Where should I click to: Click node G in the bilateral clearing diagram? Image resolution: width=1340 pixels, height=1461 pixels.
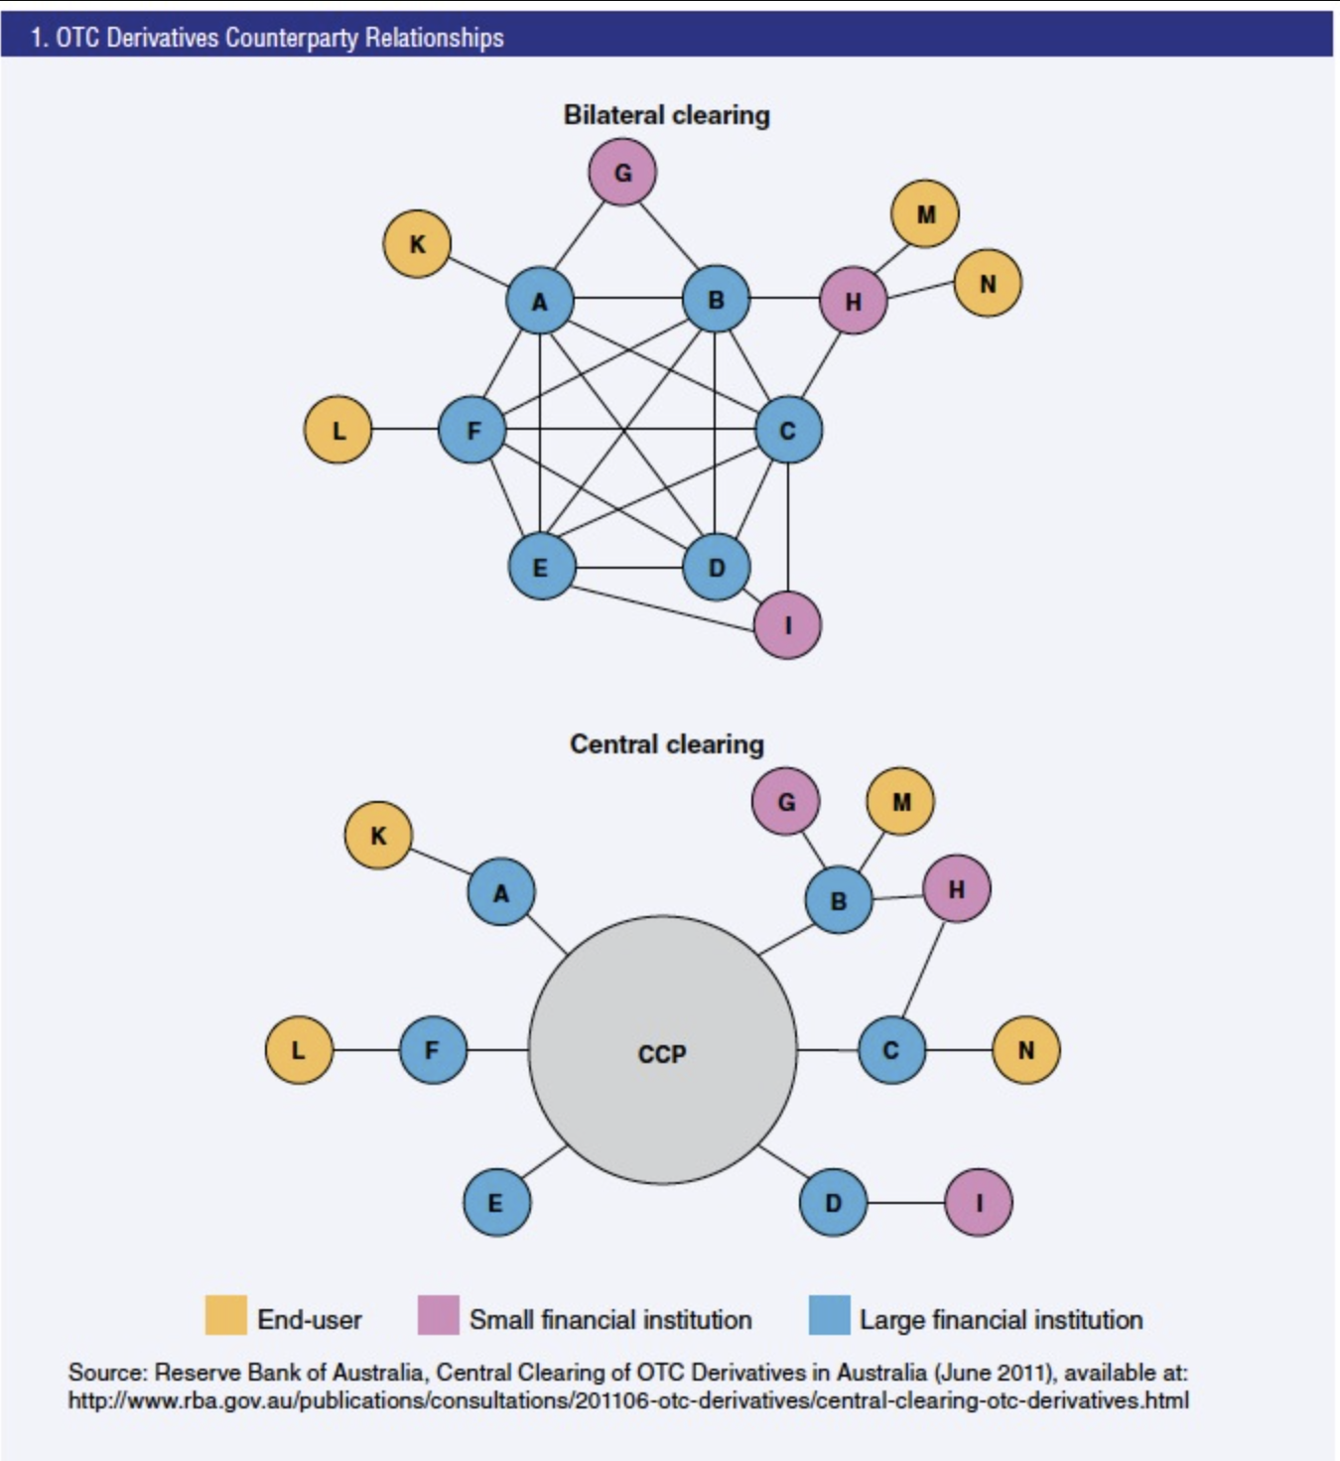(x=622, y=173)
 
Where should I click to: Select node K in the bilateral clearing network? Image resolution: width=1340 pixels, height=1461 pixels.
(x=417, y=244)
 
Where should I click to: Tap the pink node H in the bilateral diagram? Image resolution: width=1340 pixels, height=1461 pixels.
(x=853, y=301)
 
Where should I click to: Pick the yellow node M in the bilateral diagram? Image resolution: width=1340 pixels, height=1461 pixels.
(x=925, y=214)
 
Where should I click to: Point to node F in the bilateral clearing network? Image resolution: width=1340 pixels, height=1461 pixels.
(x=472, y=430)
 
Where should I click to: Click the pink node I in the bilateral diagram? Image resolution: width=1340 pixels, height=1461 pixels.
(x=787, y=625)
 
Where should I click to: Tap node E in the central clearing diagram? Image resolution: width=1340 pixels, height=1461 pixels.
(x=496, y=1202)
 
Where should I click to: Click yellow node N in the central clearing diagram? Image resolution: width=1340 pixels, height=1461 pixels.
(x=1025, y=1050)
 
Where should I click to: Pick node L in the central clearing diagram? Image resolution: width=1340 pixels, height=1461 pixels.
(x=299, y=1050)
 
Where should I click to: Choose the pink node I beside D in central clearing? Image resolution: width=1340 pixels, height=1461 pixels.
(x=978, y=1203)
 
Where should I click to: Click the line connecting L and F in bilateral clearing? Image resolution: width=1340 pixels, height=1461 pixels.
(x=405, y=429)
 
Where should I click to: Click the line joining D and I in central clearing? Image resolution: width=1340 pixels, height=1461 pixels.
(x=905, y=1203)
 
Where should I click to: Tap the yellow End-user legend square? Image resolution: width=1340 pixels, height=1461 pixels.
(x=226, y=1316)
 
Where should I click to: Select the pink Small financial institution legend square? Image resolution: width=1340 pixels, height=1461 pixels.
(x=438, y=1316)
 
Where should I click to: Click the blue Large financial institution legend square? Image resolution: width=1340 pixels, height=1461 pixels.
(x=829, y=1316)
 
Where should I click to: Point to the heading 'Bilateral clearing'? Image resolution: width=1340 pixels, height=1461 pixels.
(x=666, y=115)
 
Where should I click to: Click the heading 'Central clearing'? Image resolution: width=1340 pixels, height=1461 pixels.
(x=666, y=744)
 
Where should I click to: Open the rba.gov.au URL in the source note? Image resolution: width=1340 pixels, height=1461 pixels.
(x=627, y=1400)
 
